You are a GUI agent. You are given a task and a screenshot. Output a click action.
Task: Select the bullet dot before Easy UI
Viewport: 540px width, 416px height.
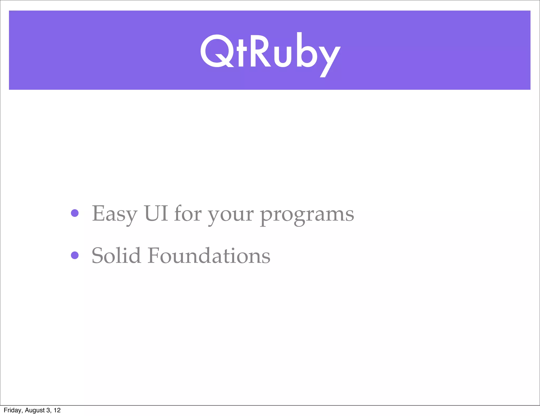point(75,213)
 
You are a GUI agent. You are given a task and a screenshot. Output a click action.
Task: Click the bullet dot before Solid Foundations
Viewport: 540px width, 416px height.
point(75,255)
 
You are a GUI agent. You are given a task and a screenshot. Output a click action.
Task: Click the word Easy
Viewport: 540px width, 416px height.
point(114,214)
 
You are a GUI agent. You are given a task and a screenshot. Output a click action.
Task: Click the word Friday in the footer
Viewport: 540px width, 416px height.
point(13,410)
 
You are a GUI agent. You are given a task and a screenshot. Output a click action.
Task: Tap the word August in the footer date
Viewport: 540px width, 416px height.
point(35,410)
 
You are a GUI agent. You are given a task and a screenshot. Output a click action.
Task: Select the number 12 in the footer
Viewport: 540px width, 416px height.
point(57,410)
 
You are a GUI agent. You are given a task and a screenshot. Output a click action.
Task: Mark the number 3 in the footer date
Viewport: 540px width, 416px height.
point(48,410)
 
